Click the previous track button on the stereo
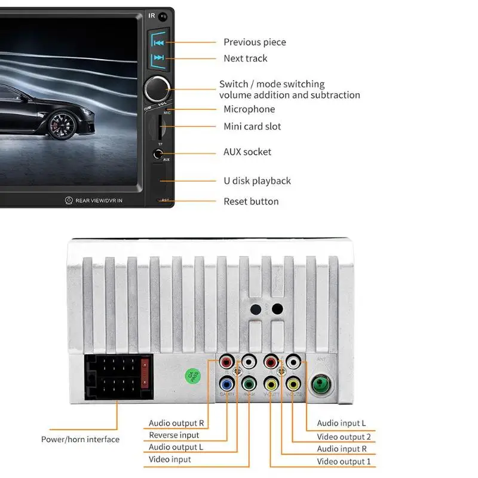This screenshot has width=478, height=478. pyautogui.click(x=158, y=42)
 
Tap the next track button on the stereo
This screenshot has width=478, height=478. pyautogui.click(x=158, y=58)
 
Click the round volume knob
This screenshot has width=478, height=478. pyautogui.click(x=157, y=87)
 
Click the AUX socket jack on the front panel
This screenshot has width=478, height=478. pyautogui.click(x=157, y=153)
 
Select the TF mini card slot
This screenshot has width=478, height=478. pyautogui.click(x=159, y=127)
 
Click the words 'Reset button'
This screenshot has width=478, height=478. pyautogui.click(x=251, y=201)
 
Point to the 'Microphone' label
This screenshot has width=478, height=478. pyautogui.click(x=249, y=109)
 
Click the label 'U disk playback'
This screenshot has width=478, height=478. pyautogui.click(x=257, y=181)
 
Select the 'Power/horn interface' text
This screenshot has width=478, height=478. pyautogui.click(x=80, y=440)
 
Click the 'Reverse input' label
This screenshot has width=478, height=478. pyautogui.click(x=174, y=436)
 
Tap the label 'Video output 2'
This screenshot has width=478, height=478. pyautogui.click(x=344, y=437)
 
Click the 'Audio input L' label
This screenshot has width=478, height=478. pyautogui.click(x=341, y=424)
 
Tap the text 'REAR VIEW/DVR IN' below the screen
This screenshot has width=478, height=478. pyautogui.click(x=99, y=200)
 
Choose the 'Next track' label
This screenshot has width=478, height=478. pyautogui.click(x=245, y=59)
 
